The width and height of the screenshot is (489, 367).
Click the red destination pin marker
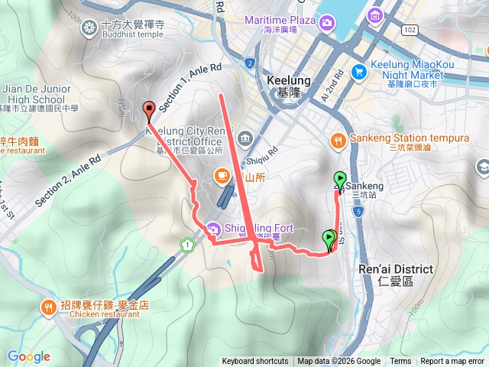point(149,109)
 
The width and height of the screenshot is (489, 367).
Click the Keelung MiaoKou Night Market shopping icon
point(358,71)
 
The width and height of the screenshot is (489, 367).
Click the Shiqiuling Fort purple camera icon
point(212,227)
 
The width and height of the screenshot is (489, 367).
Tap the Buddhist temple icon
point(89,28)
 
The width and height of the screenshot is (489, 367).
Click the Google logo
point(28,356)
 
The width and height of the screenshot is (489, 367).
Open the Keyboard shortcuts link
point(255,362)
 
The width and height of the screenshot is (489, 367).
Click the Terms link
point(400,362)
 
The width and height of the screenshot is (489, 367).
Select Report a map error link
point(452,362)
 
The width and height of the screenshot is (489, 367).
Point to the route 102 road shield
point(410,29)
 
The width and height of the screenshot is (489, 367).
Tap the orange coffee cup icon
point(222,176)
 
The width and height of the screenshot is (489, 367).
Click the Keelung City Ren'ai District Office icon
point(244,138)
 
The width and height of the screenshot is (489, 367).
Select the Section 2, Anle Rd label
point(67,176)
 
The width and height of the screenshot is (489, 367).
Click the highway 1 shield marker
point(186,245)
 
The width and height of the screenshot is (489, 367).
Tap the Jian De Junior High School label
point(35,94)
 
